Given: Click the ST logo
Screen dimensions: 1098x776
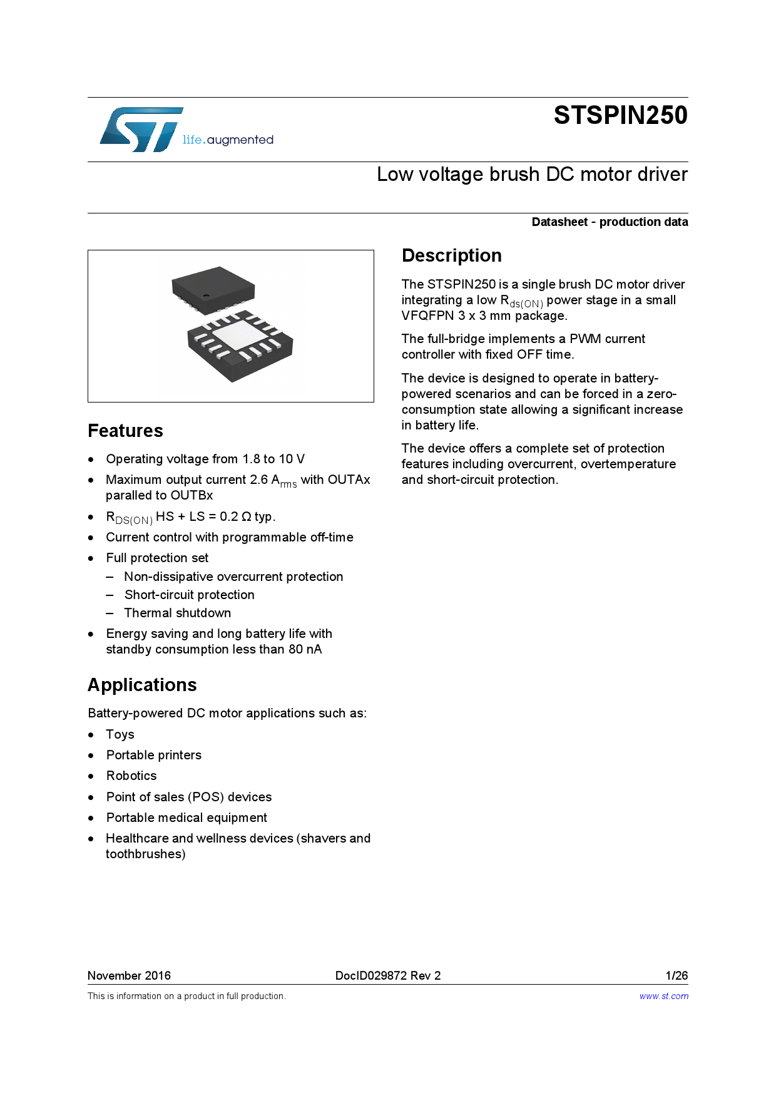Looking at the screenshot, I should (x=141, y=130).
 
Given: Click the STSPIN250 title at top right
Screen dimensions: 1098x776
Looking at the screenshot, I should (x=620, y=116).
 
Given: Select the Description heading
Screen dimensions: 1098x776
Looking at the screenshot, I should (x=451, y=255).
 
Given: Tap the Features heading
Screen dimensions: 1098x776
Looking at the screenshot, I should (x=125, y=431).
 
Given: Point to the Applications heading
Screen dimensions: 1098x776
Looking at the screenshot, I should (x=142, y=685).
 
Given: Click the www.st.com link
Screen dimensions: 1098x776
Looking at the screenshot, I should (x=663, y=996).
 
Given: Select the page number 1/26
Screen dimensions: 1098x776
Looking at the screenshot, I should (x=676, y=975).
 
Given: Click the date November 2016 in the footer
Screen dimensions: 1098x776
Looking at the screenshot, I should (x=129, y=975).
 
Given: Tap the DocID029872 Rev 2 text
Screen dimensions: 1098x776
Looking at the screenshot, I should (x=387, y=975).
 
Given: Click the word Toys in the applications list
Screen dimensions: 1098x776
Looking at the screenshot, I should (x=120, y=734).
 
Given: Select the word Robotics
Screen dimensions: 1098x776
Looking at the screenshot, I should (x=131, y=776).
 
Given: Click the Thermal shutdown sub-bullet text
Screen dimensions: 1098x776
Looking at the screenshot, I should (x=177, y=613).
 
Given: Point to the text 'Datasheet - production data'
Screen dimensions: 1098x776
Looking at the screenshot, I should (x=610, y=222).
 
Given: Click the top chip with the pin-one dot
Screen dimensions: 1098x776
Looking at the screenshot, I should (x=213, y=289).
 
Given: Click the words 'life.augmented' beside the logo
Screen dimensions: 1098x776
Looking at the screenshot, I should (x=228, y=140).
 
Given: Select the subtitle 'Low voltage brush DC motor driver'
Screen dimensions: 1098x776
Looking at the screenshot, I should (x=532, y=174).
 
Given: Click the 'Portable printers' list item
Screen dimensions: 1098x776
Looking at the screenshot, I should (x=154, y=755).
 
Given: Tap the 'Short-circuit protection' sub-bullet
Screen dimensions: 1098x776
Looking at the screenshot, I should (x=189, y=595).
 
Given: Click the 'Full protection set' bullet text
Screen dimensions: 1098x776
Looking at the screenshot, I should (x=157, y=558).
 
